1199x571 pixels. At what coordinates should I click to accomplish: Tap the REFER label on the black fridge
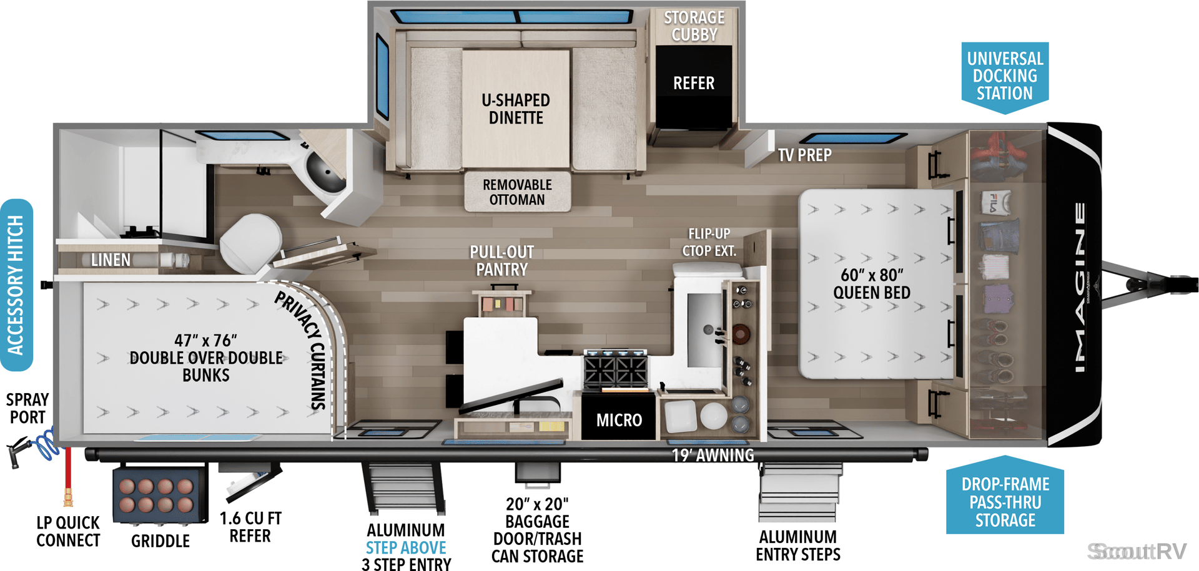693,83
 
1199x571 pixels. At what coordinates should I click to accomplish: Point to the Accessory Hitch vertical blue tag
16,285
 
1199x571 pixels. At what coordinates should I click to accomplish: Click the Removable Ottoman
517,192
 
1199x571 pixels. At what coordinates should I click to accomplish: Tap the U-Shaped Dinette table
516,109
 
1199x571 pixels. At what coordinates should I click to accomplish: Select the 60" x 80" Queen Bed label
872,284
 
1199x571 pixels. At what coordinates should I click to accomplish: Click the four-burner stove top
616,369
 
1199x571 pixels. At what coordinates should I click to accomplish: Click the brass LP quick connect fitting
68,497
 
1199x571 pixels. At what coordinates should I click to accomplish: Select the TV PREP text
804,155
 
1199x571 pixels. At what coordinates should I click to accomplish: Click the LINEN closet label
111,260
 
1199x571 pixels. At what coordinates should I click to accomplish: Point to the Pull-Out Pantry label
502,261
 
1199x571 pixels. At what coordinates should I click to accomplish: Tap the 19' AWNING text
713,456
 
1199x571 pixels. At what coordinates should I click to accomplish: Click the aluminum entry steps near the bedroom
798,492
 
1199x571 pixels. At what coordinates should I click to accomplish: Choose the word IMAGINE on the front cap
1080,287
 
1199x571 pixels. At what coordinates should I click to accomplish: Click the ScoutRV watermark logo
1137,552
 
